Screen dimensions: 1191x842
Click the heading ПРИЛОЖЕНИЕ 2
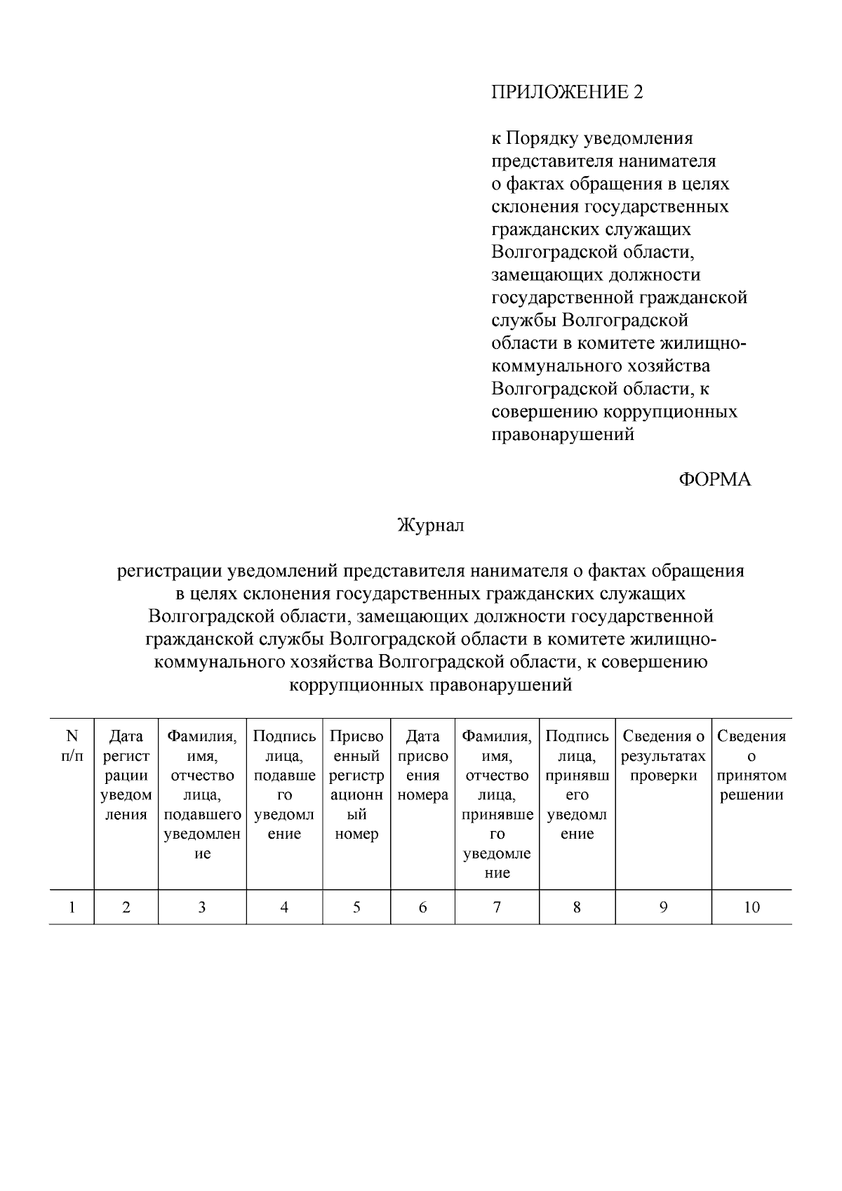(x=566, y=92)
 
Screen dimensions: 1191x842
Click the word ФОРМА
(x=714, y=479)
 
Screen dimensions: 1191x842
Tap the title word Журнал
(x=431, y=525)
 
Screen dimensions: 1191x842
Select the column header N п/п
(x=72, y=746)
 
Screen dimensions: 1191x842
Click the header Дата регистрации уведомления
(x=126, y=776)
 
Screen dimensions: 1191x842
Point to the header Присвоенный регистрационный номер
(x=356, y=785)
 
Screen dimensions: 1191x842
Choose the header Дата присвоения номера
(x=422, y=766)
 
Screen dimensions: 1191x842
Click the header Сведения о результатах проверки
(x=663, y=756)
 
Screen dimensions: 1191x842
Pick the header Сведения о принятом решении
(x=751, y=766)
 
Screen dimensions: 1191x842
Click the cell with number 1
(x=72, y=907)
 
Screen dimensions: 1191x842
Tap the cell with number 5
(x=356, y=907)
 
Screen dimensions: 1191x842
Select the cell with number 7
(x=497, y=907)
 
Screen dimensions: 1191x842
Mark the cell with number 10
(x=751, y=907)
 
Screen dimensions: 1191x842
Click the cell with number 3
(x=202, y=907)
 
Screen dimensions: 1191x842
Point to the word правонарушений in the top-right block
(x=563, y=434)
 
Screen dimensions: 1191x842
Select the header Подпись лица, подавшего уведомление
(x=284, y=785)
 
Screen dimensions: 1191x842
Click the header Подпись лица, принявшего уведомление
(x=577, y=785)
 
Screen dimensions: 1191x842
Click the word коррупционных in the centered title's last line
(x=356, y=685)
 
